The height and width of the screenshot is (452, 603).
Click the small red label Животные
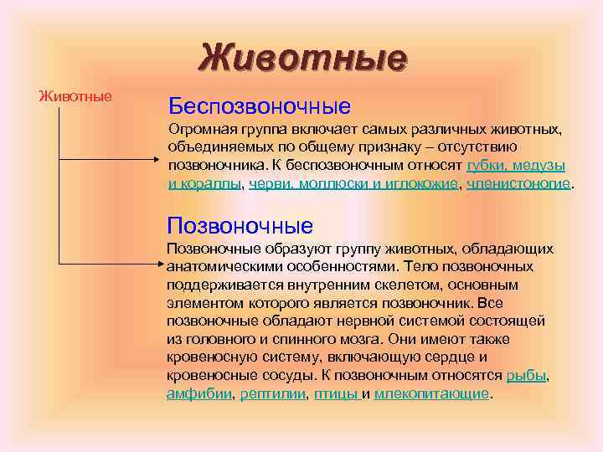point(75,95)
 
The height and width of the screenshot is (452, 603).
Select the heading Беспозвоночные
point(259,106)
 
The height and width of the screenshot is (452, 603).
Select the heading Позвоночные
point(240,225)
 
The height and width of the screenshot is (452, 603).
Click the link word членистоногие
point(518,182)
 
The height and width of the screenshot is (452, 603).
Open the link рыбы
point(526,376)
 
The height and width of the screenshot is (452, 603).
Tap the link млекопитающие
point(430,393)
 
